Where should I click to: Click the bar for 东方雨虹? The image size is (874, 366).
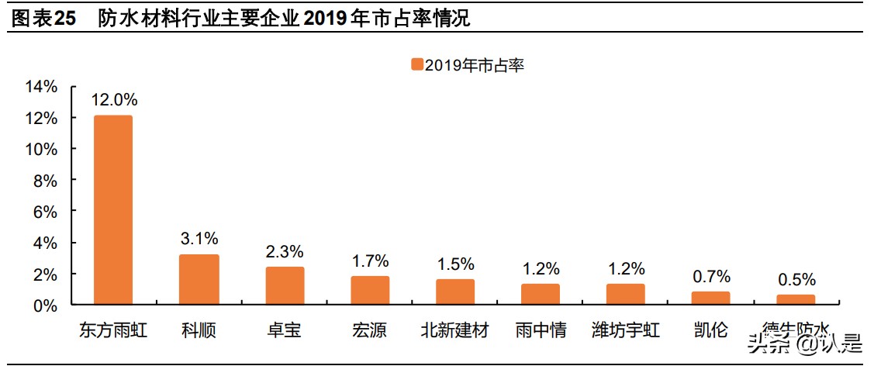coord(113,209)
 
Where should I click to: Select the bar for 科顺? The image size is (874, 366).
coord(199,279)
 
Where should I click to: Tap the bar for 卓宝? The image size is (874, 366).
coord(284,285)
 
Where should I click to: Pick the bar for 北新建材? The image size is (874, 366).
coord(454,292)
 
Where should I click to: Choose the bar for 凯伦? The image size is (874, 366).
coord(710,298)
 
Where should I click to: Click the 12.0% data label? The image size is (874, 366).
coord(114,99)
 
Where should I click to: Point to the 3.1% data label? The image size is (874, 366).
coord(199,238)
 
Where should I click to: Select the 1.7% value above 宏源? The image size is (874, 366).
coord(370,261)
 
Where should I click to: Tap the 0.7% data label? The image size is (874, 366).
coord(711,276)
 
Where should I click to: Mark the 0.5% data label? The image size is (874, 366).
coord(796,279)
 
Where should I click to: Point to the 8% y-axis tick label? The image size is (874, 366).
coord(46,181)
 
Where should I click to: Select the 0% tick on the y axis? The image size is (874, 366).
coord(46,306)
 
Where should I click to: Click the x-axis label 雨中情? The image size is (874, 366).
coord(541,331)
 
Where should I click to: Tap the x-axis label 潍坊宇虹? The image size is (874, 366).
coord(626,331)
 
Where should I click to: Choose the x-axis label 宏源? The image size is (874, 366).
coord(370,331)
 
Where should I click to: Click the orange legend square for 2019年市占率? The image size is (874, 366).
coord(416,65)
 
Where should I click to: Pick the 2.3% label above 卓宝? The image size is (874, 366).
coord(285,251)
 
